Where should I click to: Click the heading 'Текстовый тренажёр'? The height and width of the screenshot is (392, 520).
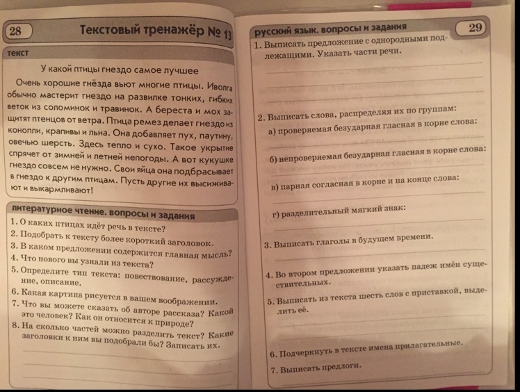click(x=153, y=31)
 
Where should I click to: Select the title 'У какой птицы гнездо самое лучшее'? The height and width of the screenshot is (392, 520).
click(x=119, y=70)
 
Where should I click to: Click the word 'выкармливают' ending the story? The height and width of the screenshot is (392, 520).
click(x=63, y=190)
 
